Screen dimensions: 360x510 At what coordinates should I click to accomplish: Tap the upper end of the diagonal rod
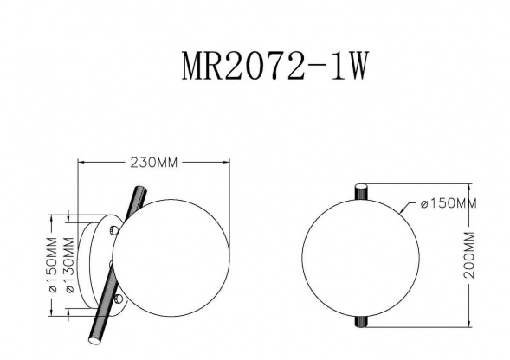[x=137, y=190]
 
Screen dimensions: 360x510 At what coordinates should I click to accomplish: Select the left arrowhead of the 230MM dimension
[x=81, y=162]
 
